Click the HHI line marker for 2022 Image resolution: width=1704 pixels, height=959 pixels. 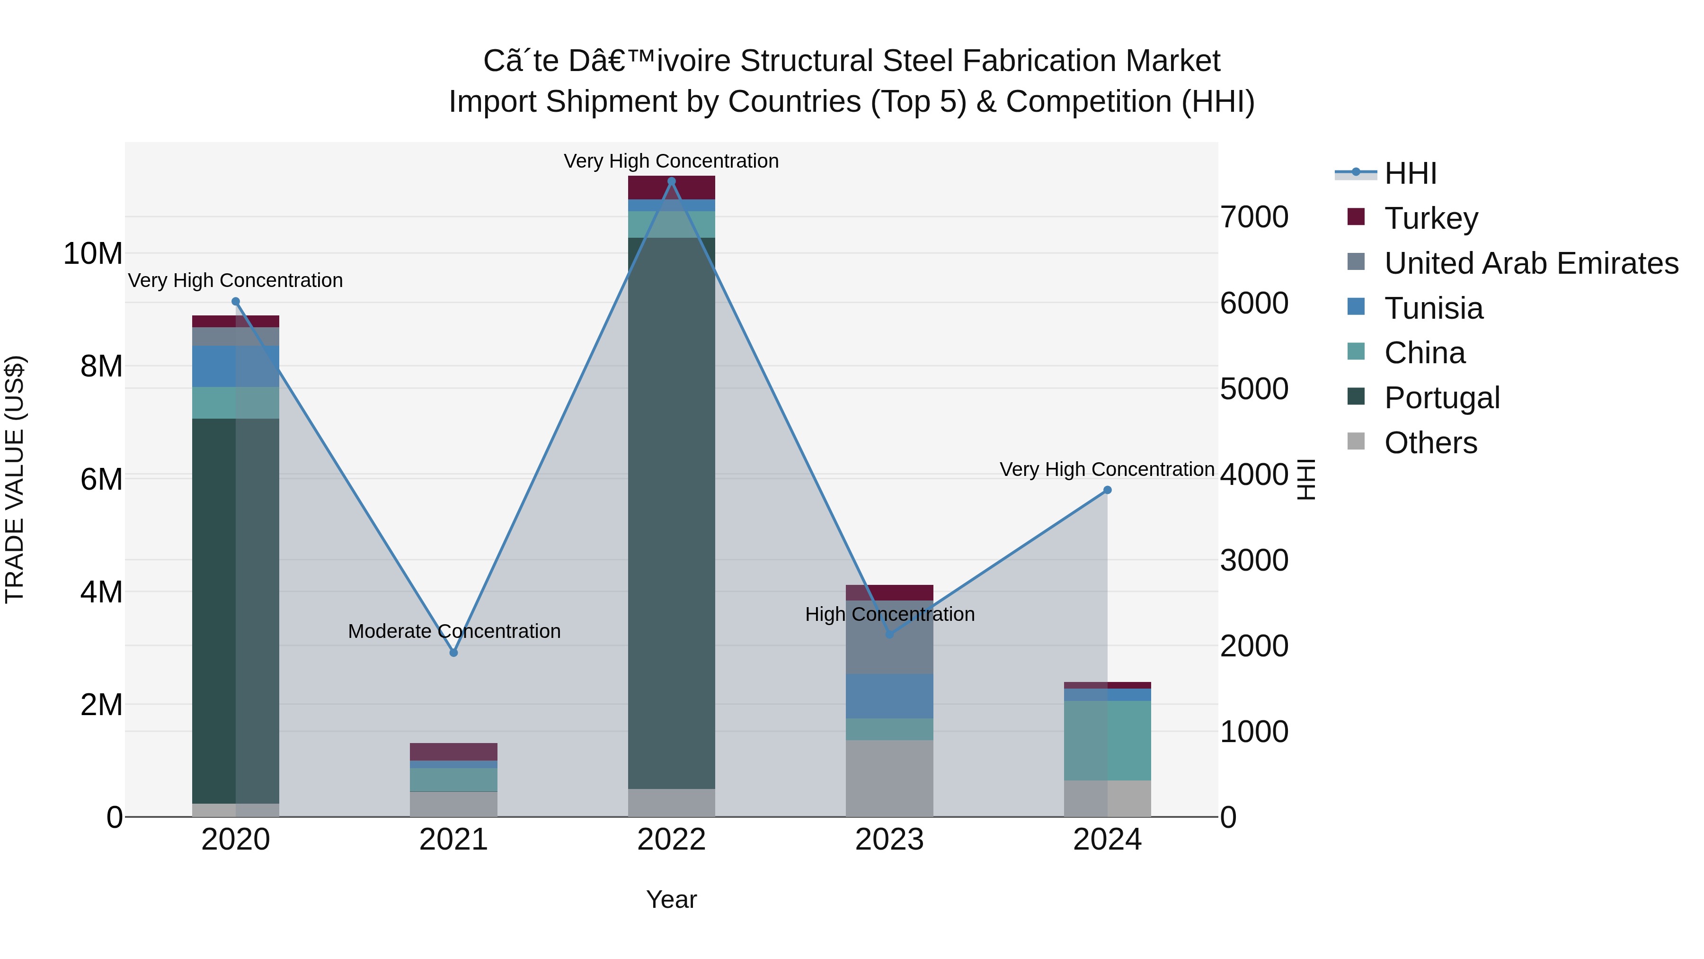671,181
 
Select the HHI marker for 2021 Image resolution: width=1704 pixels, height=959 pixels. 454,653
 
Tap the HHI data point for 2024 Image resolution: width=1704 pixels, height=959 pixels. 1107,491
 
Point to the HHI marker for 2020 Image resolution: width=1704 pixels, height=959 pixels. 236,302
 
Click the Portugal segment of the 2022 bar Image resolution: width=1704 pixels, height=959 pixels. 671,513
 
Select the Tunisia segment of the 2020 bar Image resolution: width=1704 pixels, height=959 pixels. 236,366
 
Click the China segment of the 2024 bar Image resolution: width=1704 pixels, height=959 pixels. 1107,740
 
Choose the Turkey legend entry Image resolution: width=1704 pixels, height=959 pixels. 1431,218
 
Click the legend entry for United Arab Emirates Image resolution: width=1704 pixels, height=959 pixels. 1531,263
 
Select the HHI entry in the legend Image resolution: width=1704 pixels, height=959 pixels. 1410,173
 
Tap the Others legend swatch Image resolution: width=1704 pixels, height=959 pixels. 1356,441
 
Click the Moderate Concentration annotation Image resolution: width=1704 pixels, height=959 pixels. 454,631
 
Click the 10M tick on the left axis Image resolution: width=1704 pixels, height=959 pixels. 93,253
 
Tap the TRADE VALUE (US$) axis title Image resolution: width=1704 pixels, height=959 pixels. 15,479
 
